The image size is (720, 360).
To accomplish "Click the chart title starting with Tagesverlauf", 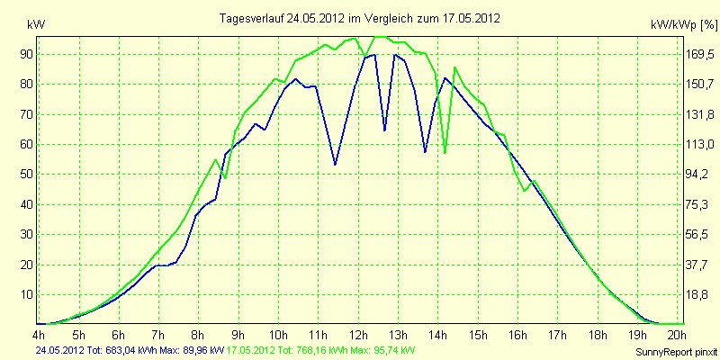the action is pyautogui.click(x=359, y=18).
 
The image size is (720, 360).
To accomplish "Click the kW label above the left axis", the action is pyautogui.click(x=36, y=25).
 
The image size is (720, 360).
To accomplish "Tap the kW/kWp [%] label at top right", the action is pyautogui.click(x=683, y=25).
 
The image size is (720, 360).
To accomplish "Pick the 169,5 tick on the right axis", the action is pyautogui.click(x=700, y=55).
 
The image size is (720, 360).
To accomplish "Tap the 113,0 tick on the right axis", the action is pyautogui.click(x=700, y=145).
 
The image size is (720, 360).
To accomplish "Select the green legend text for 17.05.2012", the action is pyautogui.click(x=319, y=350).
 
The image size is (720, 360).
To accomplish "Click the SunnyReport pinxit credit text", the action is pyautogui.click(x=676, y=353).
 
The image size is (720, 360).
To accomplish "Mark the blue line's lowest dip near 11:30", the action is pyautogui.click(x=335, y=165).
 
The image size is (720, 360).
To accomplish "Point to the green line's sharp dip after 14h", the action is pyautogui.click(x=445, y=152).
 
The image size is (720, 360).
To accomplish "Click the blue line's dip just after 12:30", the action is pyautogui.click(x=385, y=130).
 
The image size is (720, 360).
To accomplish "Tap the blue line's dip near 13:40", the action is pyautogui.click(x=425, y=151).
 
